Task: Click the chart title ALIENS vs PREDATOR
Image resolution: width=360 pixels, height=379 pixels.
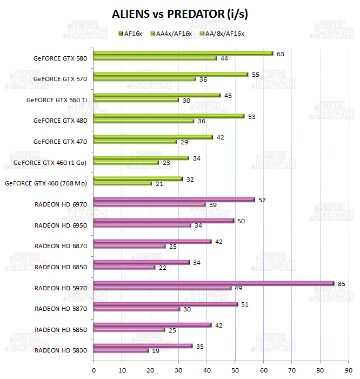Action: pos(180,14)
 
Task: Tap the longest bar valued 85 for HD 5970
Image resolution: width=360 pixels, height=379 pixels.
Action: pos(214,283)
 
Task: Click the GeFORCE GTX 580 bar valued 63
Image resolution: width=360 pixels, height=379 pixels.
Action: pos(183,54)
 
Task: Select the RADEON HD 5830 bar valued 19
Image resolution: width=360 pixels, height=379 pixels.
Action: pos(121,350)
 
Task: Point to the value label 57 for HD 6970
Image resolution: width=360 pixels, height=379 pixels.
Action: pos(262,200)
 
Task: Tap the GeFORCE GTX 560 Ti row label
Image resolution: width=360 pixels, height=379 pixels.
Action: pos(57,99)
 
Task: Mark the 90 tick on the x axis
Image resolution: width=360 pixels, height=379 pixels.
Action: pos(348,370)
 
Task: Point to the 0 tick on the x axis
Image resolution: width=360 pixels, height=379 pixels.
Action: pos(94,370)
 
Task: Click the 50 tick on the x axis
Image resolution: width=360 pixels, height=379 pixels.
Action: pos(235,370)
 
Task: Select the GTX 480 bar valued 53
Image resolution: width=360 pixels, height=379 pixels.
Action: pos(169,116)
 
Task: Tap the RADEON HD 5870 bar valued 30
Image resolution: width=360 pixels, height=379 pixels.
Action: pos(137,309)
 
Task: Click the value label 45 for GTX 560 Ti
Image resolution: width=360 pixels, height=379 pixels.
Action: pos(228,96)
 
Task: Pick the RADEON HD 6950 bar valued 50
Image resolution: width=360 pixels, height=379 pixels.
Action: pos(164,221)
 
